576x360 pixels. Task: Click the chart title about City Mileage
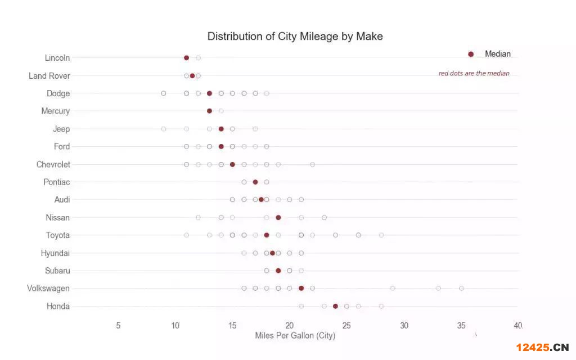click(295, 37)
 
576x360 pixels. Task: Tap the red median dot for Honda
click(335, 306)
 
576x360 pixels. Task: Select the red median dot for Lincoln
click(186, 57)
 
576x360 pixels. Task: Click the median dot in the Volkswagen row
click(301, 288)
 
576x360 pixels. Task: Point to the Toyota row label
click(58, 235)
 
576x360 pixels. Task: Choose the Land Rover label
click(49, 76)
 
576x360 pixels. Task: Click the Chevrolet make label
click(53, 164)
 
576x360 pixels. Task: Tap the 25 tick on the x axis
click(346, 325)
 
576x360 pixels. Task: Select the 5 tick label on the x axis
click(118, 325)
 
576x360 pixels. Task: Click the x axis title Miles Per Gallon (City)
click(295, 336)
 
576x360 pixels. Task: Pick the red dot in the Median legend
click(471, 54)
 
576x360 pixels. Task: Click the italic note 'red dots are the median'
click(474, 73)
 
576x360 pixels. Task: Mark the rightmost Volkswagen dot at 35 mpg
click(461, 288)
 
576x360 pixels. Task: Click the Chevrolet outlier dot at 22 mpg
click(312, 164)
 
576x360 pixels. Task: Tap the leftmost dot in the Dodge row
click(163, 93)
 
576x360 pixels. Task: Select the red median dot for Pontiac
click(255, 182)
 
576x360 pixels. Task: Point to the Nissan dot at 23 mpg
click(324, 217)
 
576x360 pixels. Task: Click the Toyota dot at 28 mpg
click(381, 235)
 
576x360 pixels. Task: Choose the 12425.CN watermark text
click(542, 346)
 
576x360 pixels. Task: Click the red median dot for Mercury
click(209, 111)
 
